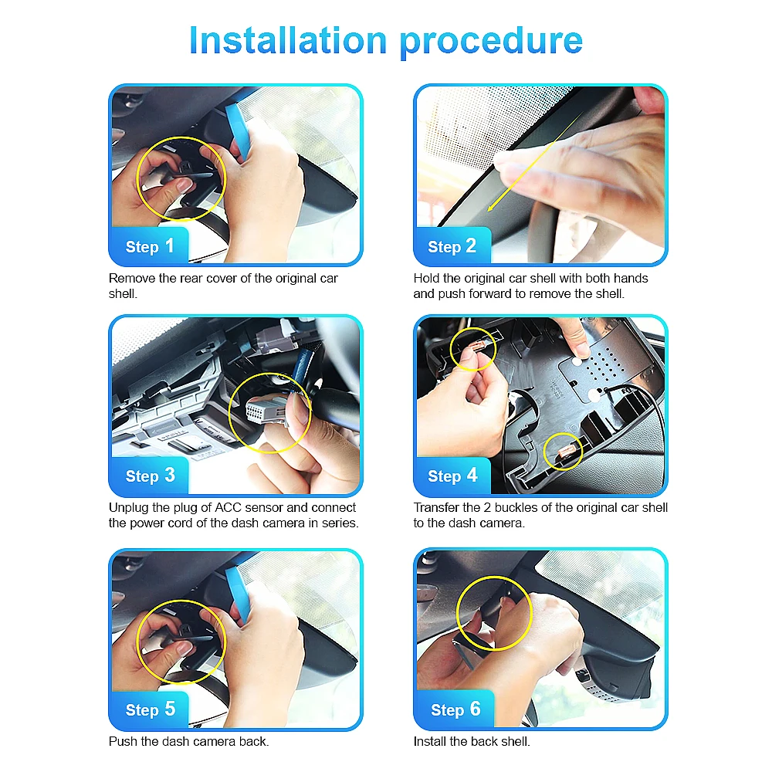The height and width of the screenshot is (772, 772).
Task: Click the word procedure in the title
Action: tap(491, 42)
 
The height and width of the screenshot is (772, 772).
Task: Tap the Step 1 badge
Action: tap(150, 246)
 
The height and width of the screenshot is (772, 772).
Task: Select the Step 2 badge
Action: tap(452, 246)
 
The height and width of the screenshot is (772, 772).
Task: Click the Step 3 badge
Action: tap(150, 476)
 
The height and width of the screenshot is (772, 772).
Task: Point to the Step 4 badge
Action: tap(452, 476)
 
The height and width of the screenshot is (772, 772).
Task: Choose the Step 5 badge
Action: tap(150, 709)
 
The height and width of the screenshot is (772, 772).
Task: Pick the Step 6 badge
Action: tap(455, 709)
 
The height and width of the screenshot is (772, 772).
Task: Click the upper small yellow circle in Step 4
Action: tap(472, 349)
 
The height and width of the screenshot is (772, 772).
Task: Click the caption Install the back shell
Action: tap(472, 742)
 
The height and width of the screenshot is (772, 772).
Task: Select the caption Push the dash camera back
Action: tap(188, 742)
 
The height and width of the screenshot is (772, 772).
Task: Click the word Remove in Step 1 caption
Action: tap(130, 278)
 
